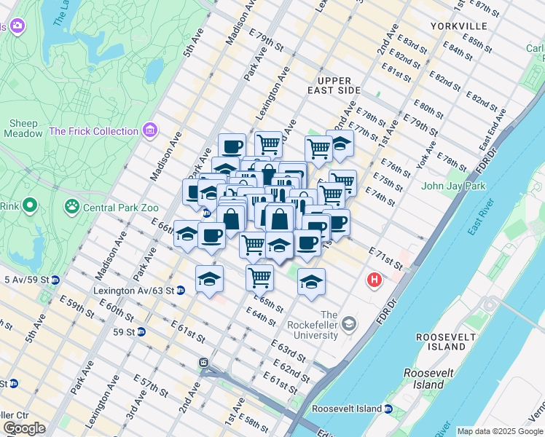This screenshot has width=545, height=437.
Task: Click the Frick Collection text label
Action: (93, 131)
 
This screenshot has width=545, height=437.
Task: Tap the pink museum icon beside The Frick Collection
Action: (151, 131)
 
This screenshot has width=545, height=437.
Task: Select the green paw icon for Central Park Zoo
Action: (71, 208)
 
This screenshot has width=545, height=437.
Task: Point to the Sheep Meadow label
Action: (24, 129)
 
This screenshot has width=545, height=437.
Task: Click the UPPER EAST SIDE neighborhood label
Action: (334, 85)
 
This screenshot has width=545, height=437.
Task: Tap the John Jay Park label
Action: (454, 186)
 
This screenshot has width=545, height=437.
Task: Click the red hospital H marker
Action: (375, 280)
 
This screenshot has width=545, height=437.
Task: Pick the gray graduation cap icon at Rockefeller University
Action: (350, 323)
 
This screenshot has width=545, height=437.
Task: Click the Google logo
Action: (24, 428)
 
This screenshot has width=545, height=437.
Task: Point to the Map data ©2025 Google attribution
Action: (500, 431)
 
